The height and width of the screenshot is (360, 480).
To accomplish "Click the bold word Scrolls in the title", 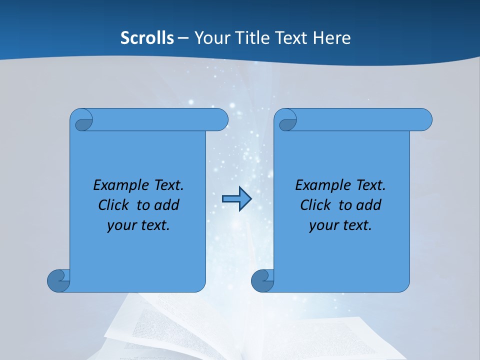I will [x=147, y=38].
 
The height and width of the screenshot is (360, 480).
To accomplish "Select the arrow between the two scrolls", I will [x=236, y=199].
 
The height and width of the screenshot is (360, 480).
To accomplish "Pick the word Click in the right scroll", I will [x=315, y=205].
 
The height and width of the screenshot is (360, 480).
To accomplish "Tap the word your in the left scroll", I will [x=120, y=225].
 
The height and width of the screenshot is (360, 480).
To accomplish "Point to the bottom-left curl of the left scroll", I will [x=58, y=280].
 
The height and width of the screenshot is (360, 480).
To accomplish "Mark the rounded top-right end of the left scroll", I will [x=220, y=120].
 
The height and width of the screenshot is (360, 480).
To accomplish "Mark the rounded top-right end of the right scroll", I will [x=424, y=120].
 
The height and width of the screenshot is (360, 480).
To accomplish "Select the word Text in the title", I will [x=292, y=38].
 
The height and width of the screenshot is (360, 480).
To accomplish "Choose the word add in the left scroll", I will [x=167, y=205].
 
